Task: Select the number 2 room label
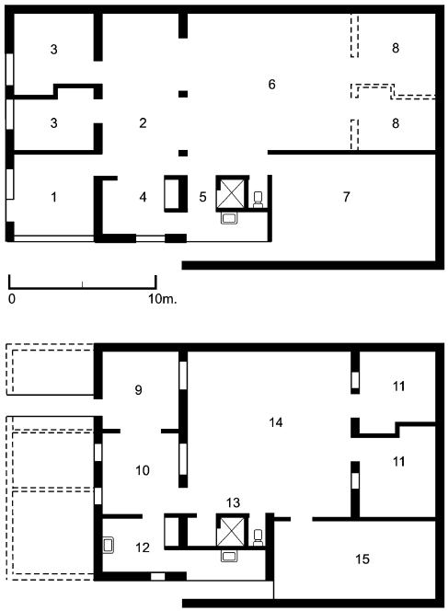point(143,122)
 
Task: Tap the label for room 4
point(143,197)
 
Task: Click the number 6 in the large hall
point(271,85)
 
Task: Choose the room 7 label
point(346,197)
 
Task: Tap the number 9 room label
point(139,390)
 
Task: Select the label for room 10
point(143,470)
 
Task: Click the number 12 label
point(141,547)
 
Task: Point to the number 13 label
point(232,501)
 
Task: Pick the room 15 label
point(362,559)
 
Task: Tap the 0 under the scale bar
point(12,299)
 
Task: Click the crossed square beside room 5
point(230,193)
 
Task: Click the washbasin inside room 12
point(109,544)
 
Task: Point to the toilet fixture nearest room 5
point(258,197)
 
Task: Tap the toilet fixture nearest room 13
point(258,536)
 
